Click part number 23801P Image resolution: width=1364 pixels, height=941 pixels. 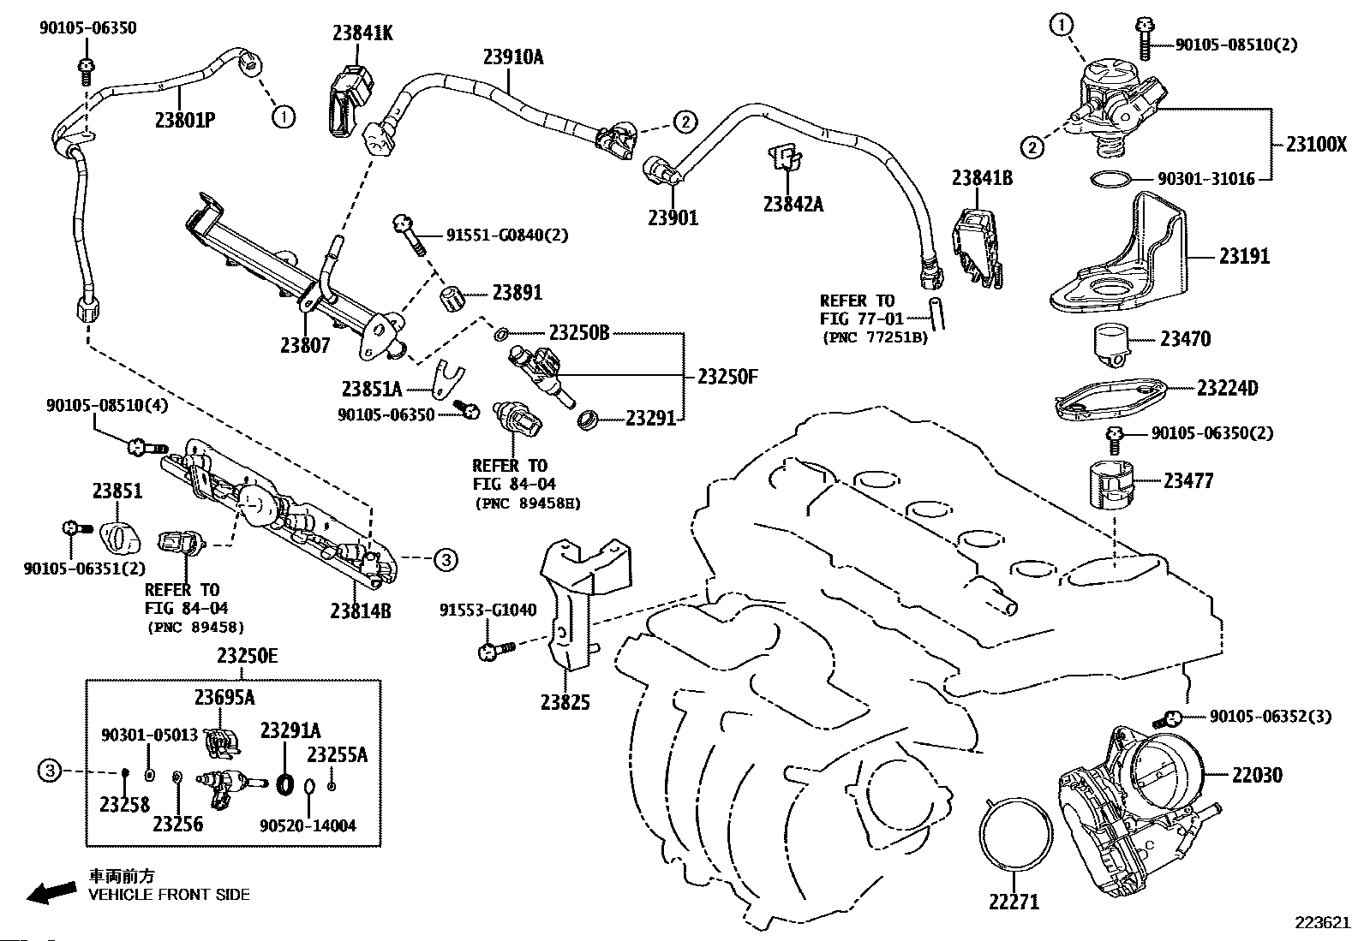coord(184,119)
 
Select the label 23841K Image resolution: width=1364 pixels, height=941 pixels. coord(362,33)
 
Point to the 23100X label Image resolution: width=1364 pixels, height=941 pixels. coord(1316,145)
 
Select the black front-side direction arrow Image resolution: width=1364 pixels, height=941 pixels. coord(51,891)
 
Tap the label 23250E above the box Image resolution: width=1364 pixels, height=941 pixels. coord(247,656)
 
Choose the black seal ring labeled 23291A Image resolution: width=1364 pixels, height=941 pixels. coord(285,783)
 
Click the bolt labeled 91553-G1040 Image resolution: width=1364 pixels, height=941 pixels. coord(493,651)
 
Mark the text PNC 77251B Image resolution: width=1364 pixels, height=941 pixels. coord(874,337)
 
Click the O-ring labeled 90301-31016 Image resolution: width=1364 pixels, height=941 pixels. coord(1110,180)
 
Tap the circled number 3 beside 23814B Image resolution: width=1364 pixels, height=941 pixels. coord(445,560)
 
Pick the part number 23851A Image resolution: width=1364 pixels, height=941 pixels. coord(372,389)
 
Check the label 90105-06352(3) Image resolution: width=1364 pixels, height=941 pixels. coord(1271,716)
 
